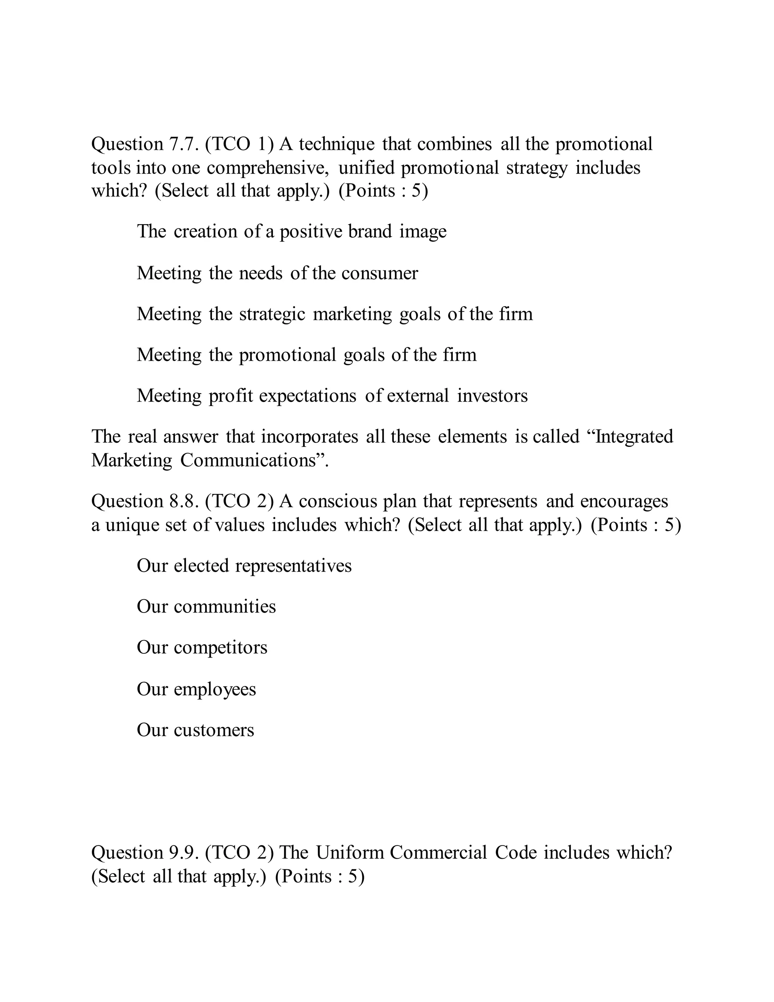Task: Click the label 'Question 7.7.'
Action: coord(145,144)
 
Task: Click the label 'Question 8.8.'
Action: coord(145,501)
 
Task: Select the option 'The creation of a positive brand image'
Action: coord(291,232)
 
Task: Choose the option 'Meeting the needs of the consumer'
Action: coord(277,273)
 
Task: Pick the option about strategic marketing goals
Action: coord(334,314)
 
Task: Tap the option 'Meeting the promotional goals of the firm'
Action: coord(306,355)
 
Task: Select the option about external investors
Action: coord(332,396)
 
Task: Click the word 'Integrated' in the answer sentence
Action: coord(630,437)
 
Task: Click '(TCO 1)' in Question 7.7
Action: coord(239,144)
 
